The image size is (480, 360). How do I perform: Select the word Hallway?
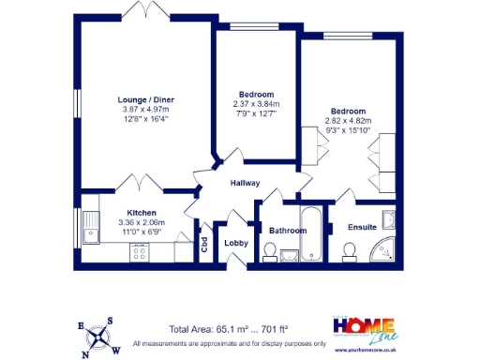click(x=245, y=184)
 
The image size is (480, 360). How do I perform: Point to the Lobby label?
click(x=234, y=243)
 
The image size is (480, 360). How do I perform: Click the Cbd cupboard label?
click(x=203, y=244)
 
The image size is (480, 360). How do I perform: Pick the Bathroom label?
click(x=287, y=231)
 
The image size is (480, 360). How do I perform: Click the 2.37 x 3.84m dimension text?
click(x=255, y=105)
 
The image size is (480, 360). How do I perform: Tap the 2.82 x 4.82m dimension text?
click(x=348, y=121)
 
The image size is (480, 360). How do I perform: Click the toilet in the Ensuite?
click(x=349, y=250)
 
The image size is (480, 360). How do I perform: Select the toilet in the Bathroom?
click(x=270, y=251)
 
